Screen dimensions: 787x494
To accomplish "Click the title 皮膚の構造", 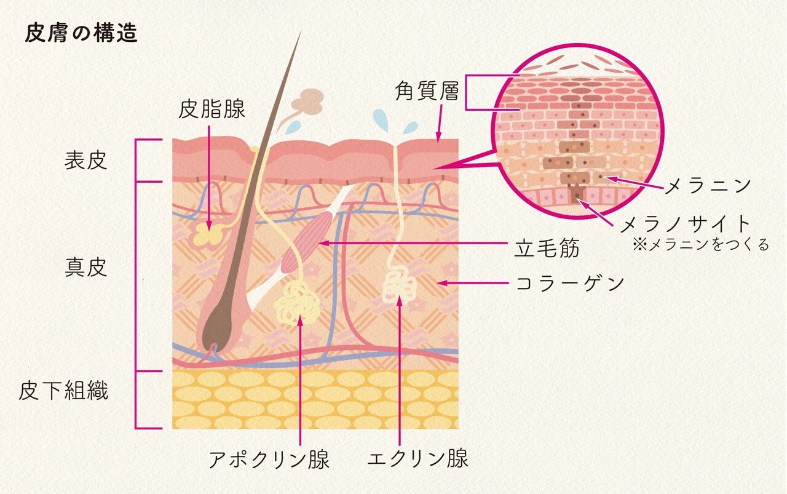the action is [x=81, y=34].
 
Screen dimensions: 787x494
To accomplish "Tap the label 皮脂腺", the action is [x=212, y=110].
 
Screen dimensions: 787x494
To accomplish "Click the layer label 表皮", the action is [x=85, y=161].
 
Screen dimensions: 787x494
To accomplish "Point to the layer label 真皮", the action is [x=85, y=268].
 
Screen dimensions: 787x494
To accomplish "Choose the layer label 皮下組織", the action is [x=63, y=391].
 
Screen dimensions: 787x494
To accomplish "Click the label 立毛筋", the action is [x=547, y=249].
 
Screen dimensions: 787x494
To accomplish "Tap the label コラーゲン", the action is [x=569, y=284].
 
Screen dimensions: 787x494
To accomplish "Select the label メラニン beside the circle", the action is [x=707, y=185].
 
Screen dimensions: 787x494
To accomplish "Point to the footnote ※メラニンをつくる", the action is [x=700, y=245].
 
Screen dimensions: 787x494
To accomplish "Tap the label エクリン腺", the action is [x=417, y=458].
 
